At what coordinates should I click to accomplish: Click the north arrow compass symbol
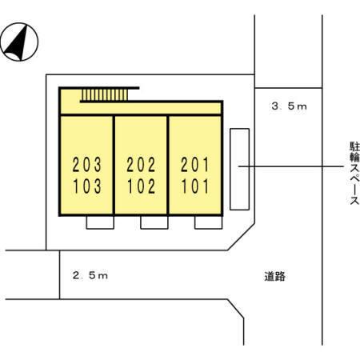[x=19, y=42]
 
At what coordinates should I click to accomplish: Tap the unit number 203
[x=87, y=165]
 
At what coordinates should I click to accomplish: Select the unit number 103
[x=87, y=186]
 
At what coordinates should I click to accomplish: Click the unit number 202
[x=141, y=165]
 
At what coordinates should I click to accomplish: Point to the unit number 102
[x=141, y=186]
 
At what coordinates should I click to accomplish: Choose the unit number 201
[x=195, y=165]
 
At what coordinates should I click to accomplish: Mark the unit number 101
[x=195, y=186]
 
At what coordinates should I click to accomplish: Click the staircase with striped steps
[x=105, y=95]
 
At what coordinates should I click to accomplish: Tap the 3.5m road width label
[x=290, y=106]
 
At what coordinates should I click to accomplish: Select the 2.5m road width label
[x=90, y=275]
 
